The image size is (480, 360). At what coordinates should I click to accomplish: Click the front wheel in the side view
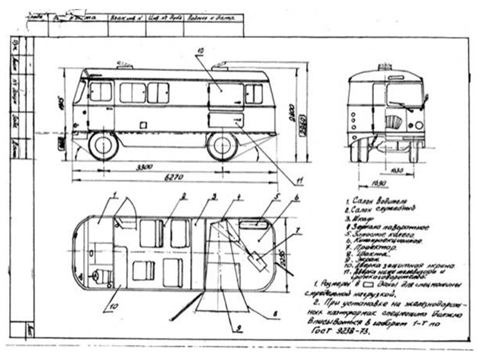[x=104, y=146]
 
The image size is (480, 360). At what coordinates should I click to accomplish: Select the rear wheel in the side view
[x=221, y=146]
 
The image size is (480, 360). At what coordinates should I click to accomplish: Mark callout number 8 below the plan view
[x=275, y=313]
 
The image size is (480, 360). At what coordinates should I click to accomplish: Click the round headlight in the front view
[x=418, y=125]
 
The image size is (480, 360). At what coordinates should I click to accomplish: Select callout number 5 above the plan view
[x=277, y=196]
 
